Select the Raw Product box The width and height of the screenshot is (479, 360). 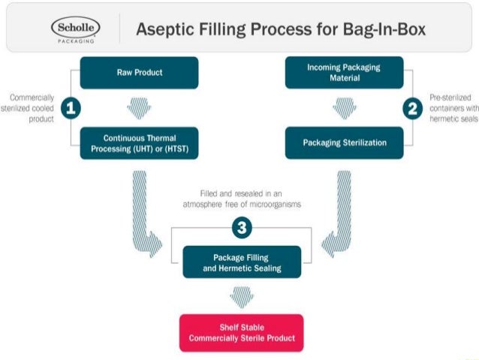[139, 73]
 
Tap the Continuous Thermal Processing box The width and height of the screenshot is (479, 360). [139, 143]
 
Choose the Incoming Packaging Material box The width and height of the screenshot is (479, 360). [343, 73]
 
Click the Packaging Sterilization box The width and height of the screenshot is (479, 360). [343, 142]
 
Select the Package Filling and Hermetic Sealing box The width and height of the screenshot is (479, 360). [242, 262]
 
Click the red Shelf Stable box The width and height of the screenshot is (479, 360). [242, 332]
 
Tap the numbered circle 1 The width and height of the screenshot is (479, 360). [71, 108]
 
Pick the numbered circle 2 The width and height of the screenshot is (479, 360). [411, 108]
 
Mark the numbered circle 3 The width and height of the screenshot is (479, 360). [241, 226]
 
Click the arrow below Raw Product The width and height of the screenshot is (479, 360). [139, 107]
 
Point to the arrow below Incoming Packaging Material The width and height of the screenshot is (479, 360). [343, 107]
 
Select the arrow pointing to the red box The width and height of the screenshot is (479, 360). [242, 297]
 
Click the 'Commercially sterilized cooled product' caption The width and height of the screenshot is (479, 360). [32, 108]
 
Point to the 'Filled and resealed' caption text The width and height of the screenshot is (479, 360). [242, 198]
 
